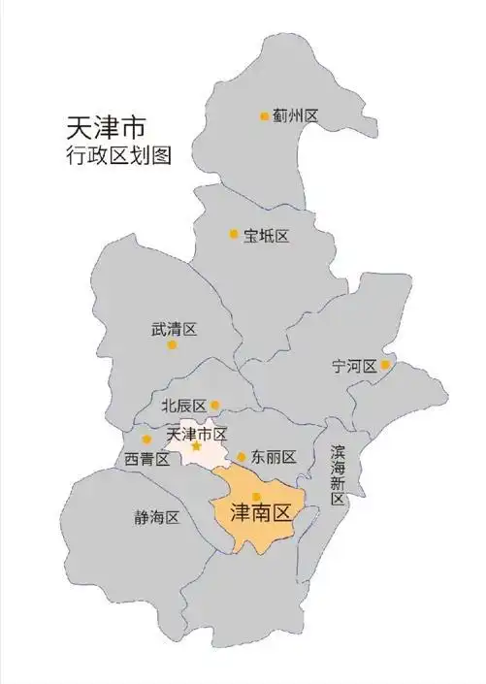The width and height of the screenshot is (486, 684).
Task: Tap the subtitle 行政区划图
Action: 115,155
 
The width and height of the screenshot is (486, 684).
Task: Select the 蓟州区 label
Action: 296,116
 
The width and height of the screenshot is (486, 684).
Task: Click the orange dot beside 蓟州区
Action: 264,116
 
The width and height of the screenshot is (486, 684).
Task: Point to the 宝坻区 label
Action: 267,236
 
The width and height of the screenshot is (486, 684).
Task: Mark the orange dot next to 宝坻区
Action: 234,234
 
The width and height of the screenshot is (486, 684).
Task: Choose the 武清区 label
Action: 174,329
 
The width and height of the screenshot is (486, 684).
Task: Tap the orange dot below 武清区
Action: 172,344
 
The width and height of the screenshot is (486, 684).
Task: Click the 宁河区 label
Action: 353,366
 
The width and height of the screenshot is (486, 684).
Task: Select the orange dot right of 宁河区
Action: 385,365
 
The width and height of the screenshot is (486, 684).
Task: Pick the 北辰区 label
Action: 183,406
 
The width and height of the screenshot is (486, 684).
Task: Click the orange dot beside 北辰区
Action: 214,406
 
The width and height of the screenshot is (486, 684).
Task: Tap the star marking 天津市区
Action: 197,446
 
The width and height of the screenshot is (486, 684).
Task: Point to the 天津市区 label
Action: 197,433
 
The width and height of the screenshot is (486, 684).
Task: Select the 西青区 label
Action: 147,458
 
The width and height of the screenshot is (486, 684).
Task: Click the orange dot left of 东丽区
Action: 242,457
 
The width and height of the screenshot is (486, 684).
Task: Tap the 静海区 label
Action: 157,517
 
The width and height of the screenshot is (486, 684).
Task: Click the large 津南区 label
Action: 259,511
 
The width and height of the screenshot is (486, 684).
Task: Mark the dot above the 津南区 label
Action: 256,496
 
